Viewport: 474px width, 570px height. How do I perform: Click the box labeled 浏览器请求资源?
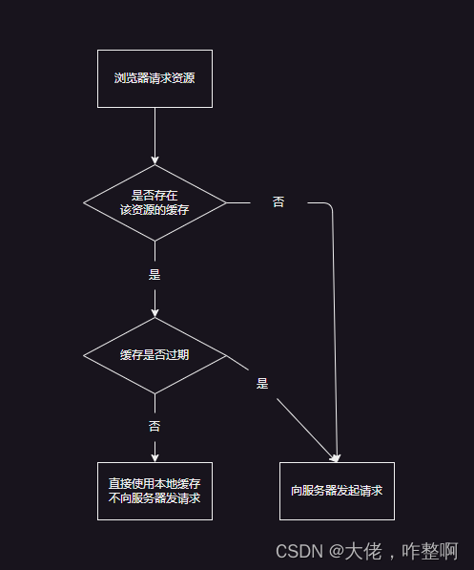coord(155,78)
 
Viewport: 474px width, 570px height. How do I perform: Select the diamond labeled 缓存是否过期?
coord(155,355)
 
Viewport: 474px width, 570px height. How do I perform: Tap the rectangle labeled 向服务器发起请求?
coord(337,491)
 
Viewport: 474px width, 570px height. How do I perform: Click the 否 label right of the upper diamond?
coord(278,202)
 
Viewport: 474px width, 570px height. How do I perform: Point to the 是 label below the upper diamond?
coord(155,274)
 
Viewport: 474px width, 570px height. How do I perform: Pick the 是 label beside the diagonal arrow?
coord(262,384)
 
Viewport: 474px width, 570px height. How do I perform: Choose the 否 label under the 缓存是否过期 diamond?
coord(155,427)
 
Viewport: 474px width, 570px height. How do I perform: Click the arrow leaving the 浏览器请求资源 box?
coord(155,134)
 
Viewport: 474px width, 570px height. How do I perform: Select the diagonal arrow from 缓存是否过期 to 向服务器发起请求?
coord(286,407)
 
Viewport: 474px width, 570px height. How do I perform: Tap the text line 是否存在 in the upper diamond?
coord(155,196)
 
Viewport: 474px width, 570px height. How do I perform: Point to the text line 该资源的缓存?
coord(155,210)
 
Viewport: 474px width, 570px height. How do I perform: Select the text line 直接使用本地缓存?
coord(155,484)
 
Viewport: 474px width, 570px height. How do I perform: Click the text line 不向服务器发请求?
coord(155,498)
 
